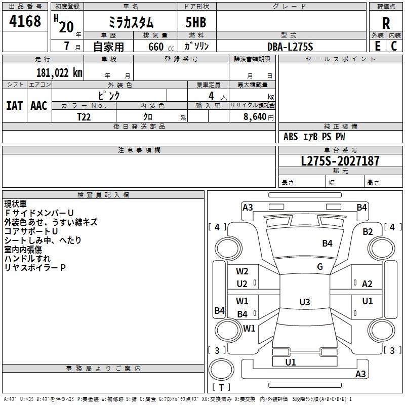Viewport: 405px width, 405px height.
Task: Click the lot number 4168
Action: click(25, 22)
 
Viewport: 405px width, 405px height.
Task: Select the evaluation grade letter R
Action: click(386, 23)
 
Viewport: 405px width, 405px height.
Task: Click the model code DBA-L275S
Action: click(290, 47)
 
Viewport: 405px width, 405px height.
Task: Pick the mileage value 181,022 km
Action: click(59, 73)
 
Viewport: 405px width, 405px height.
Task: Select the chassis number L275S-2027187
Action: click(340, 161)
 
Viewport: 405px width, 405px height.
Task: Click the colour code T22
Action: click(84, 116)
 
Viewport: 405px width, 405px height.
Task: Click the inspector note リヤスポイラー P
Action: click(35, 268)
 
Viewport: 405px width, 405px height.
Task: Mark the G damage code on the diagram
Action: click(319, 267)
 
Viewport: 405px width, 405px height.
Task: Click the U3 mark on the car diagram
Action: click(305, 302)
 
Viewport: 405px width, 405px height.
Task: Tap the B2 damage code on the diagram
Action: click(368, 232)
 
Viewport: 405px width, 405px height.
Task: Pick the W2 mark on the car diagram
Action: click(242, 271)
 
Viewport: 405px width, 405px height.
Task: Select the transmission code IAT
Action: click(14, 106)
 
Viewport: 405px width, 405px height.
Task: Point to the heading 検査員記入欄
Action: click(103, 194)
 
